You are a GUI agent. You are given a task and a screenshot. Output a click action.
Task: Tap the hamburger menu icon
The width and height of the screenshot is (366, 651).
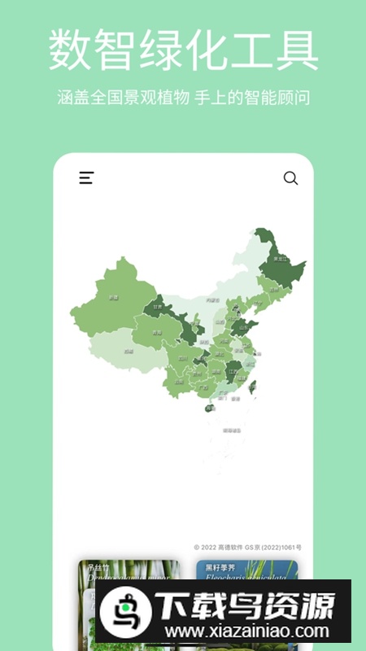[x=86, y=178]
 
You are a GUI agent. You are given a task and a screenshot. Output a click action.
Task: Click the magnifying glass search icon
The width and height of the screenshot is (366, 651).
[x=290, y=178]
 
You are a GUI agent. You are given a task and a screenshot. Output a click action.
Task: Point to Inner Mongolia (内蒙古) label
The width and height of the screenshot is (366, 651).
[x=213, y=301]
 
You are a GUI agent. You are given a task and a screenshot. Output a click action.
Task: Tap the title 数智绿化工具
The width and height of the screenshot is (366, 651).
[x=183, y=50]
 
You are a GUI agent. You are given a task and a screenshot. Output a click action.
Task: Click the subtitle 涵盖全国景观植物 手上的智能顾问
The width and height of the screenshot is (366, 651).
[x=183, y=98]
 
